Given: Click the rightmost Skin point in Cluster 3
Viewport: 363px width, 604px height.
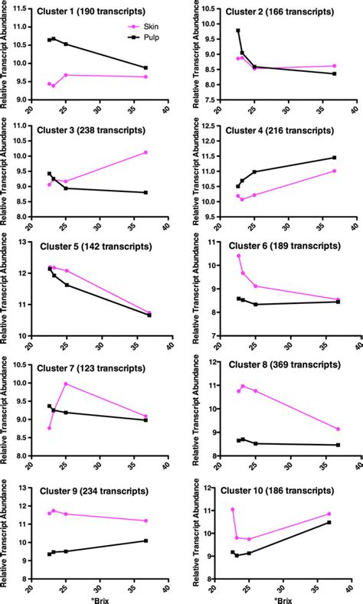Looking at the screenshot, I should point(146,152).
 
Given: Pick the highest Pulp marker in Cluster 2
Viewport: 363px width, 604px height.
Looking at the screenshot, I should point(237,31).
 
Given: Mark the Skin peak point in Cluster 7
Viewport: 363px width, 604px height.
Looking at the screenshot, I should point(66,384).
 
